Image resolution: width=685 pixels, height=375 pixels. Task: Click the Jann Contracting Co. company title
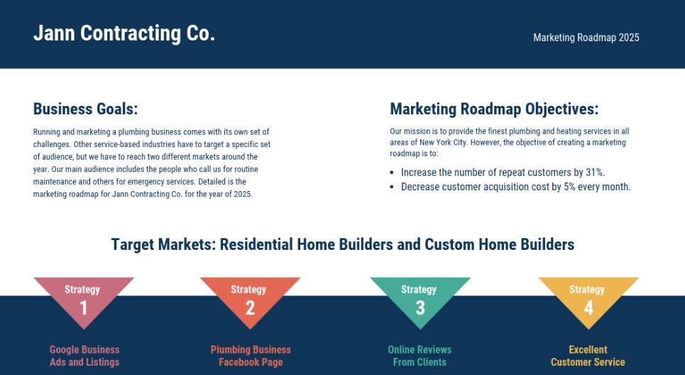124,33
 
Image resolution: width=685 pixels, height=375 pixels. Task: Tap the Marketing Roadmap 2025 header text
586,38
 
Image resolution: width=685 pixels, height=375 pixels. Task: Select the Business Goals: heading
86,109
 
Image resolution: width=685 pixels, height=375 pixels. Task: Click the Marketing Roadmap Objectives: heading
494,109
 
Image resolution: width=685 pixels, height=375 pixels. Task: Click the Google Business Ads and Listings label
84,356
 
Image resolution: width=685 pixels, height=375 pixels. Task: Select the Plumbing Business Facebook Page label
251,356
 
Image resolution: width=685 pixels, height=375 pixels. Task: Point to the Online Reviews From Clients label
420,356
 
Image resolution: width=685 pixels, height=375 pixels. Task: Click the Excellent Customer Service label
588,356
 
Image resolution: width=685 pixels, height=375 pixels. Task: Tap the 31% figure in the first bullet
596,172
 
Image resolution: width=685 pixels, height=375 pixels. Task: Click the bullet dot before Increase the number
392,173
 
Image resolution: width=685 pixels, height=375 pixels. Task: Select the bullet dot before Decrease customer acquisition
392,187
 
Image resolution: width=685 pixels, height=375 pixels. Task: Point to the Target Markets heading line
342,244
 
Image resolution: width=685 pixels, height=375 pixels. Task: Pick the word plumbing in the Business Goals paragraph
133,131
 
